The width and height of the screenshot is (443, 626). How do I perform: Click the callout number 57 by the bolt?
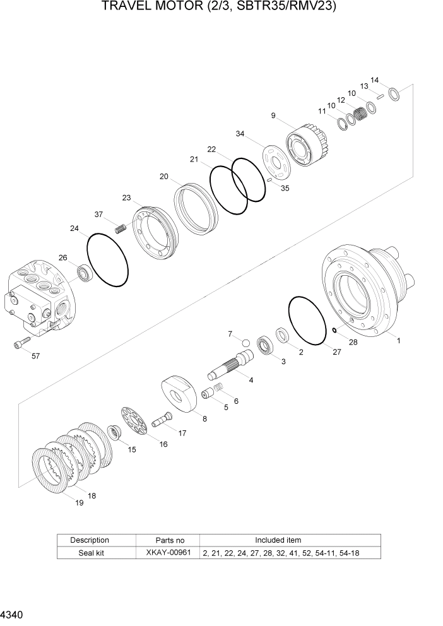(x=35, y=356)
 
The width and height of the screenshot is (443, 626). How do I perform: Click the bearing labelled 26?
(x=85, y=274)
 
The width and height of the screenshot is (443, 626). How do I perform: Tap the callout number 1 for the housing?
(x=398, y=340)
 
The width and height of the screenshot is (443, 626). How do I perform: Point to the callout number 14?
(x=374, y=80)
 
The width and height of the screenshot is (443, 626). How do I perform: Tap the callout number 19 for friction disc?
(x=80, y=502)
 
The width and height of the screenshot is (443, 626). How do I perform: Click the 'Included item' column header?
(x=278, y=540)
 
